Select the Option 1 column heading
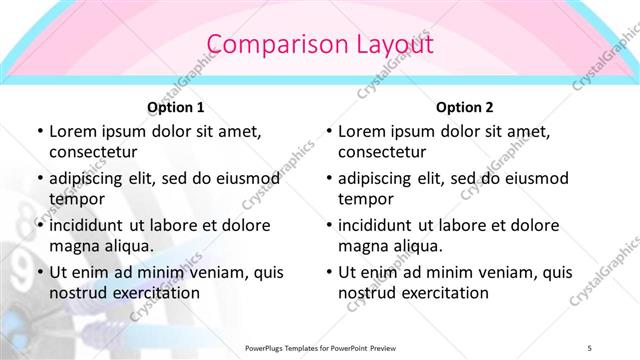tap(176, 107)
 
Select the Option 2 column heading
tap(465, 107)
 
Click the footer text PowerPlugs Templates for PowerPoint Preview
tap(320, 347)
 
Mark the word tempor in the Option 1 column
tap(75, 199)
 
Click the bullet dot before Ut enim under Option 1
tap(39, 272)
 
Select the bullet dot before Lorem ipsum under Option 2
tap(328, 131)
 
